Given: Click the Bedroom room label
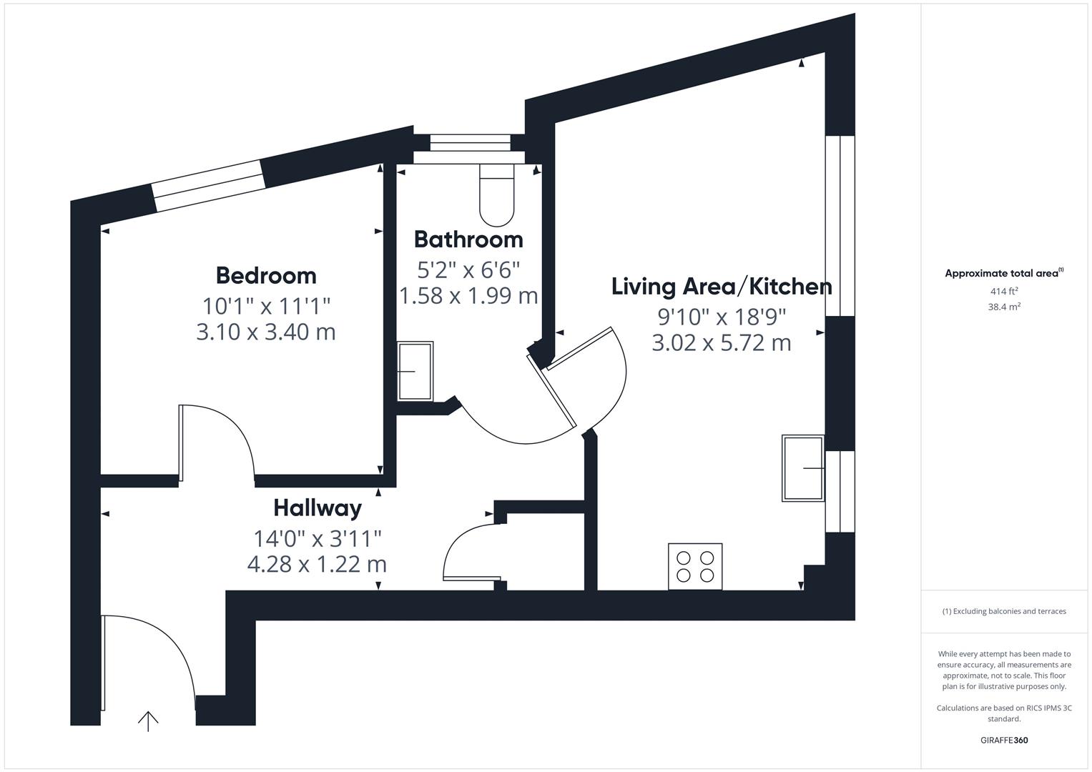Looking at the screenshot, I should (266, 275).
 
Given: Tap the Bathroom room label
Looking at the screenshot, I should (468, 239).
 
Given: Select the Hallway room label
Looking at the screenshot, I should (318, 508).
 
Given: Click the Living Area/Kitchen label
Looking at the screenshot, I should (722, 287).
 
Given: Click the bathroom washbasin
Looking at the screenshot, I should (415, 371).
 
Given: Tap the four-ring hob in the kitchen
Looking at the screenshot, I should (695, 566).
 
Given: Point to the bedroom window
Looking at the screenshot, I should (208, 186).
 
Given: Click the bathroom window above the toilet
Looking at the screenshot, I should (471, 144).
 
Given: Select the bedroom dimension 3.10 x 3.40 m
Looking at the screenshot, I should (266, 332).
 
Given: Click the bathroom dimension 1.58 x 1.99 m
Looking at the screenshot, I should (468, 295).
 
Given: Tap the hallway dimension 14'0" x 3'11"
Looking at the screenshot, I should (318, 538).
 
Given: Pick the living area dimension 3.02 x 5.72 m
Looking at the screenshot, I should (722, 342).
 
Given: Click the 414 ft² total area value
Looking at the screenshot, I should (1004, 291).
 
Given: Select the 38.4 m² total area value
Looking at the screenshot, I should (1004, 307).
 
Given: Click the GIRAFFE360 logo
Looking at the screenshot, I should (1004, 740).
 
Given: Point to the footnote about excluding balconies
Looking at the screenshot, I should (1004, 611).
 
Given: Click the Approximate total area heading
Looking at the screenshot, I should (1003, 273).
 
